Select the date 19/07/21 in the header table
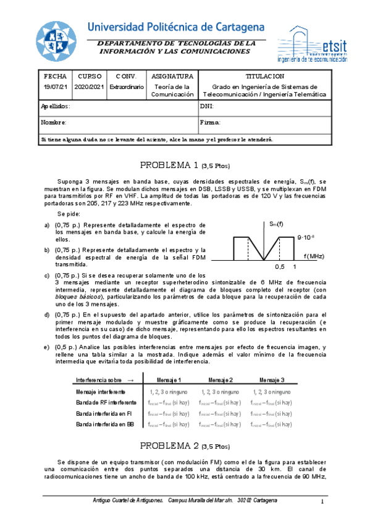(55, 87)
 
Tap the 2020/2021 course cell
(89, 87)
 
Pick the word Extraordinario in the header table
(126, 87)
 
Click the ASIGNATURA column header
(172, 76)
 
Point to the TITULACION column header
(264, 76)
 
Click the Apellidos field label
(56, 106)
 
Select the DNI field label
(207, 106)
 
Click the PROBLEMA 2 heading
(185, 446)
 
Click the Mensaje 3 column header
(272, 379)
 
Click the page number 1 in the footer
(322, 501)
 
